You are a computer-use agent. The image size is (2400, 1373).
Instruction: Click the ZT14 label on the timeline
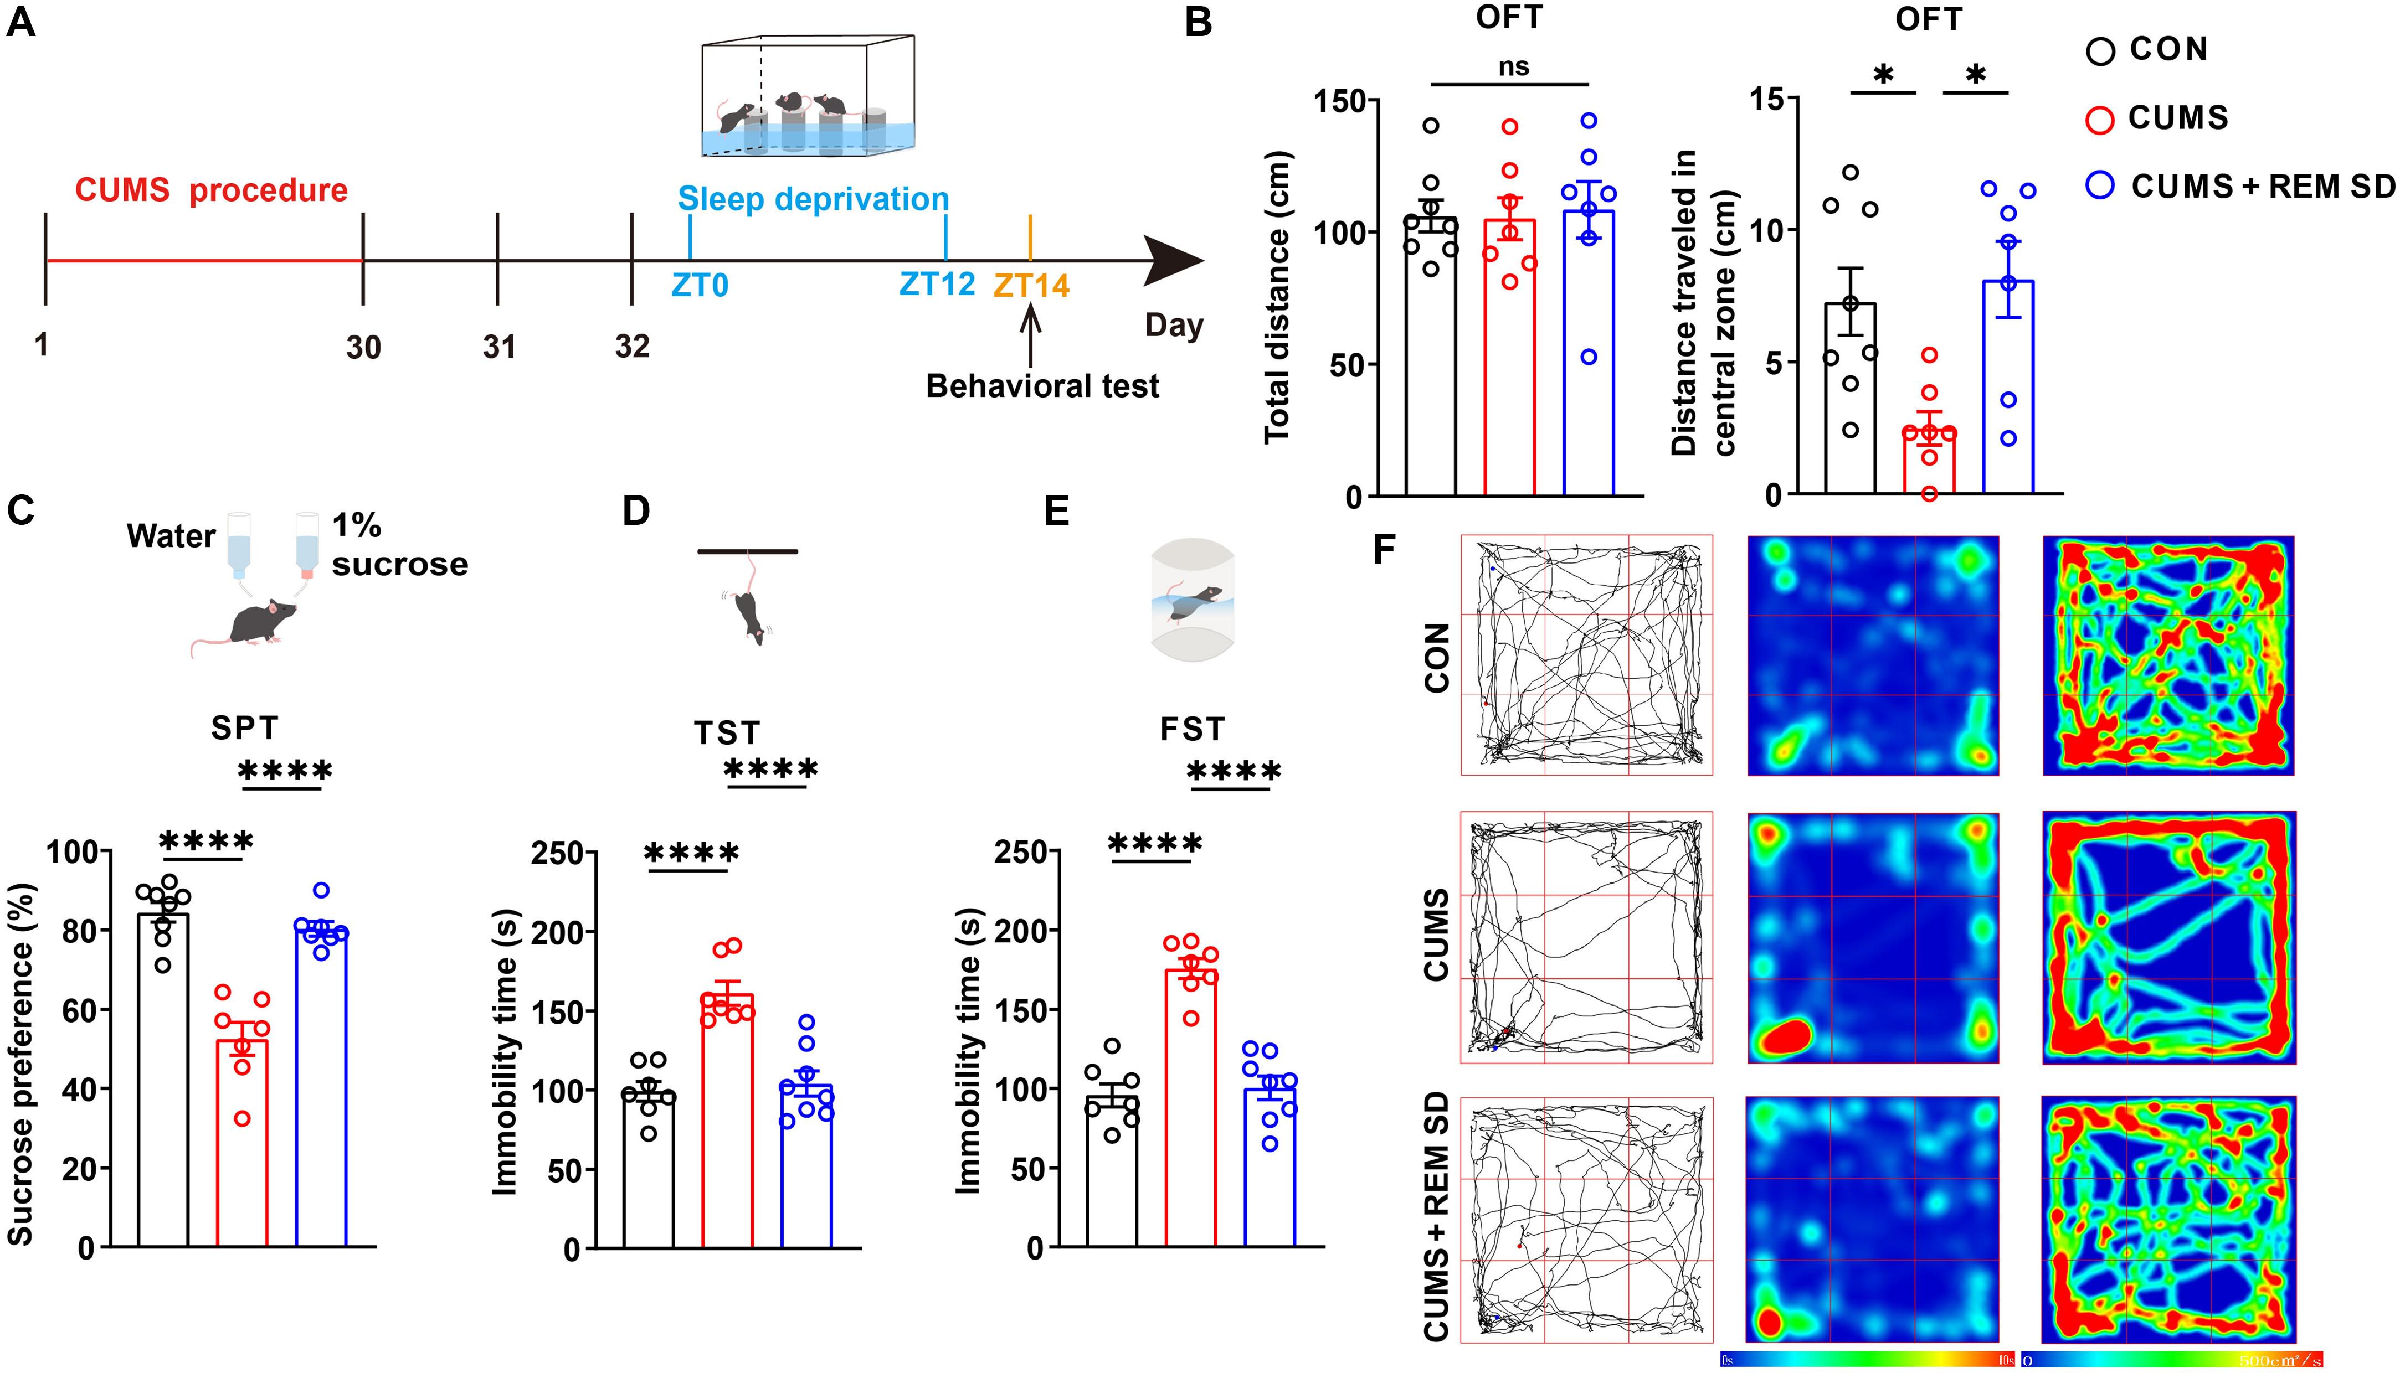point(1031,285)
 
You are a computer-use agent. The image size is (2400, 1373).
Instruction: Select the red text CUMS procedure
point(212,190)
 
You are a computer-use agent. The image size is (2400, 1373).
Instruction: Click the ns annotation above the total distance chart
point(1513,67)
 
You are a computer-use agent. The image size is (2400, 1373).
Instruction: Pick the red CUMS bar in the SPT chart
point(243,1141)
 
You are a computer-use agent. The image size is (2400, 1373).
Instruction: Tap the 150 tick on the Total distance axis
point(1340,101)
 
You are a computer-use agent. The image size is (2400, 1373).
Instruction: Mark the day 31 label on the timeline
point(499,347)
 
